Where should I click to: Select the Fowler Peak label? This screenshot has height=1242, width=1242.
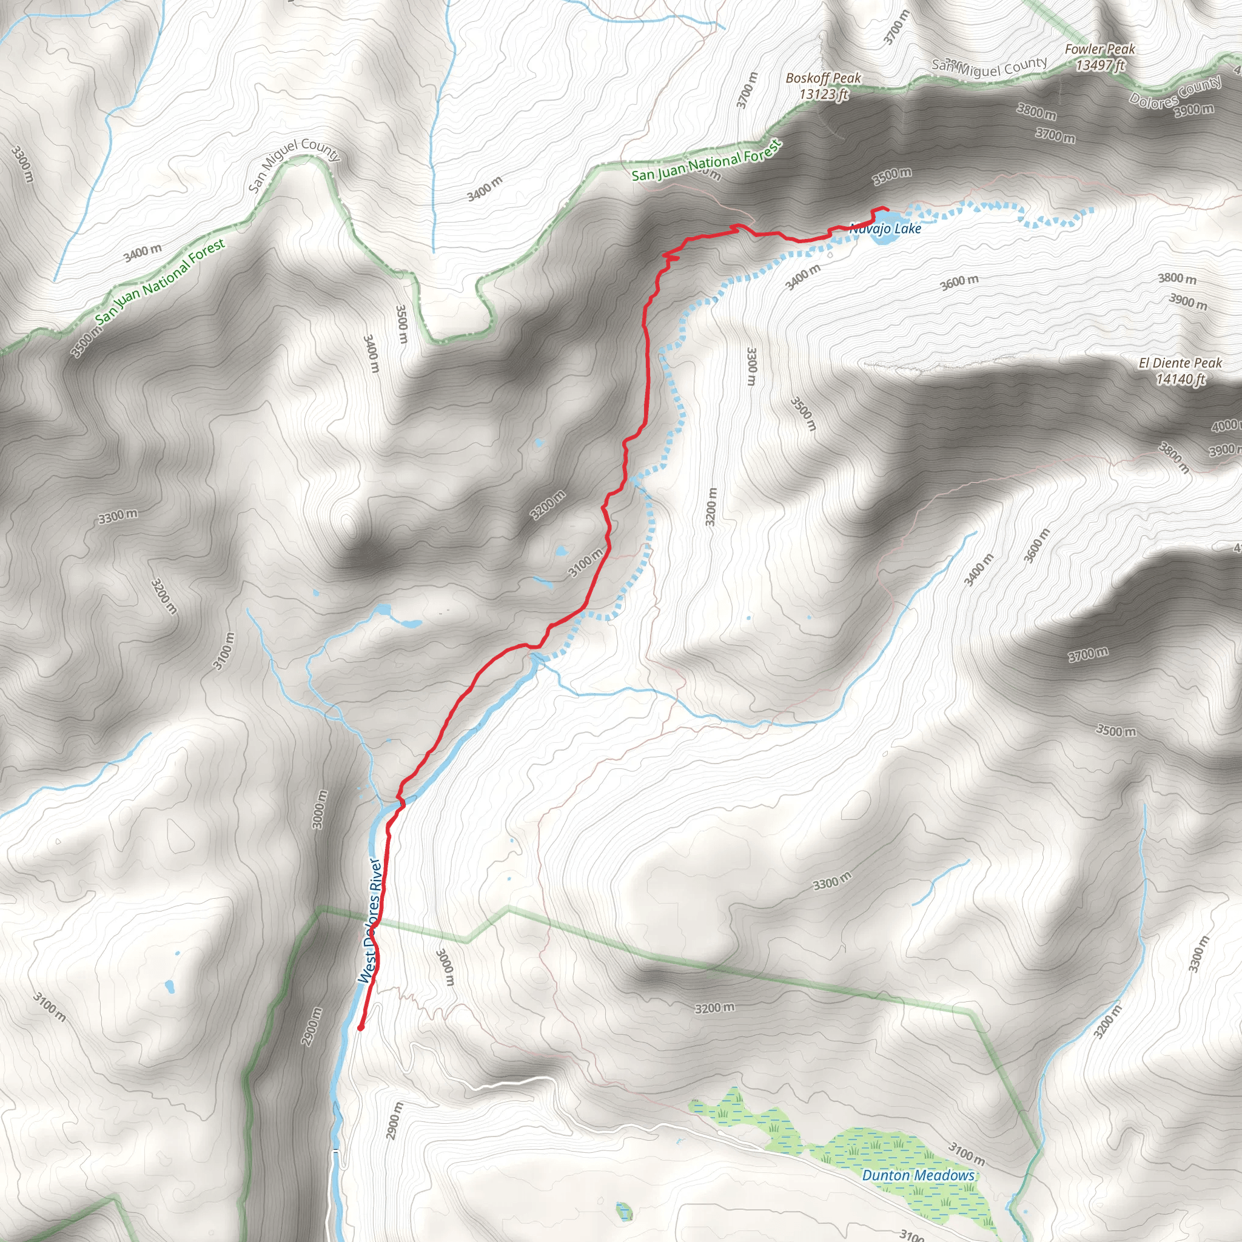pos(1099,49)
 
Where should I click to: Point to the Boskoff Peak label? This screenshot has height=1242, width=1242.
pos(823,78)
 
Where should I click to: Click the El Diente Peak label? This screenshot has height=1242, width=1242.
pos(1180,363)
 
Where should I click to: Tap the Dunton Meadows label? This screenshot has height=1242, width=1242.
pos(918,1175)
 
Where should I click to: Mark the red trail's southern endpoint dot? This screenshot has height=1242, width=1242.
pos(361,1028)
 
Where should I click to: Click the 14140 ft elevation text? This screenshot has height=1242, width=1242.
pos(1180,379)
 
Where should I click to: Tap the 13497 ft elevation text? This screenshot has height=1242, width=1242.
pos(1101,65)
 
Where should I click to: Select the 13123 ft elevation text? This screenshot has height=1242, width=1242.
pos(824,95)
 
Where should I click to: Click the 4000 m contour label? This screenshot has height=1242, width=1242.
pos(1224,426)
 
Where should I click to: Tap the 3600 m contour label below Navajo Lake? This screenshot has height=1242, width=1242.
pos(959,281)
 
